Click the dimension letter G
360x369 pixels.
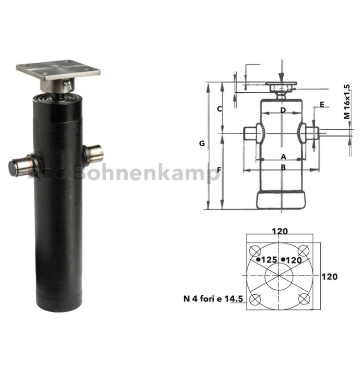[202, 144]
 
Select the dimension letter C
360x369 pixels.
[220, 109]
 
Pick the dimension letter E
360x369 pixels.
[321, 105]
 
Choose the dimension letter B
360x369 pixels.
[283, 167]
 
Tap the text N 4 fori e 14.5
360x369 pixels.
[213, 299]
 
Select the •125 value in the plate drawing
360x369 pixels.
[267, 260]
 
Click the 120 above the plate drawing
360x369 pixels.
[280, 231]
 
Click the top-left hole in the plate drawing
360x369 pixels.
[255, 251]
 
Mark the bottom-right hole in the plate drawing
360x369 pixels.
[304, 298]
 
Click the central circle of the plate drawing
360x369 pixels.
[279, 275]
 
